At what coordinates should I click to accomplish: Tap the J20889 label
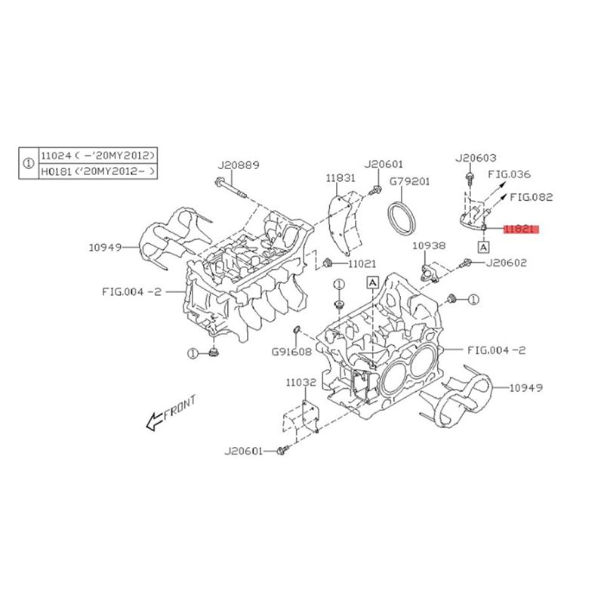pos(238,165)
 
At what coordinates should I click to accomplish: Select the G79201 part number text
pos(409,182)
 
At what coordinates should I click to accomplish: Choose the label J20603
pos(476,158)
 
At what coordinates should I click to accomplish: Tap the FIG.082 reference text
pos(532,197)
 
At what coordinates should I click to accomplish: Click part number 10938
pos(429,245)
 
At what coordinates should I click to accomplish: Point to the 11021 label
pos(362,263)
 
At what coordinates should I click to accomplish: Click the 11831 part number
pos(341,178)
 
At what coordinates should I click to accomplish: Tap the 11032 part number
pos(300,384)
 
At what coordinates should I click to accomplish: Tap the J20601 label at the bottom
pos(243,451)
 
